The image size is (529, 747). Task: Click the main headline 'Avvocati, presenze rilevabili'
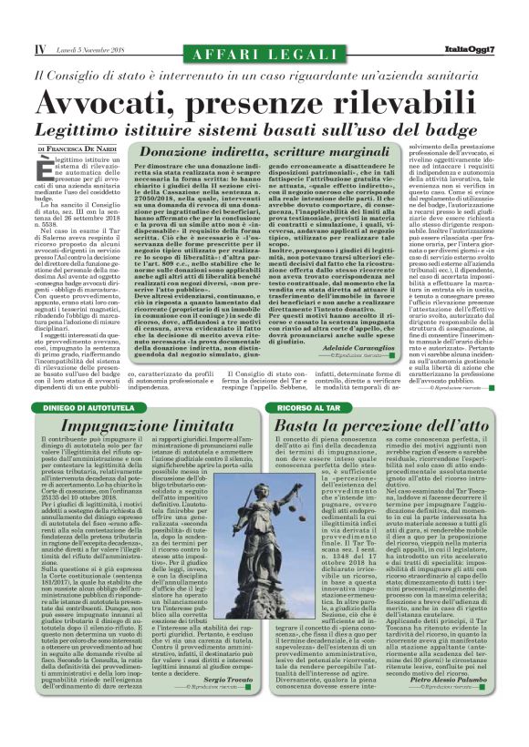[x=264, y=100]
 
